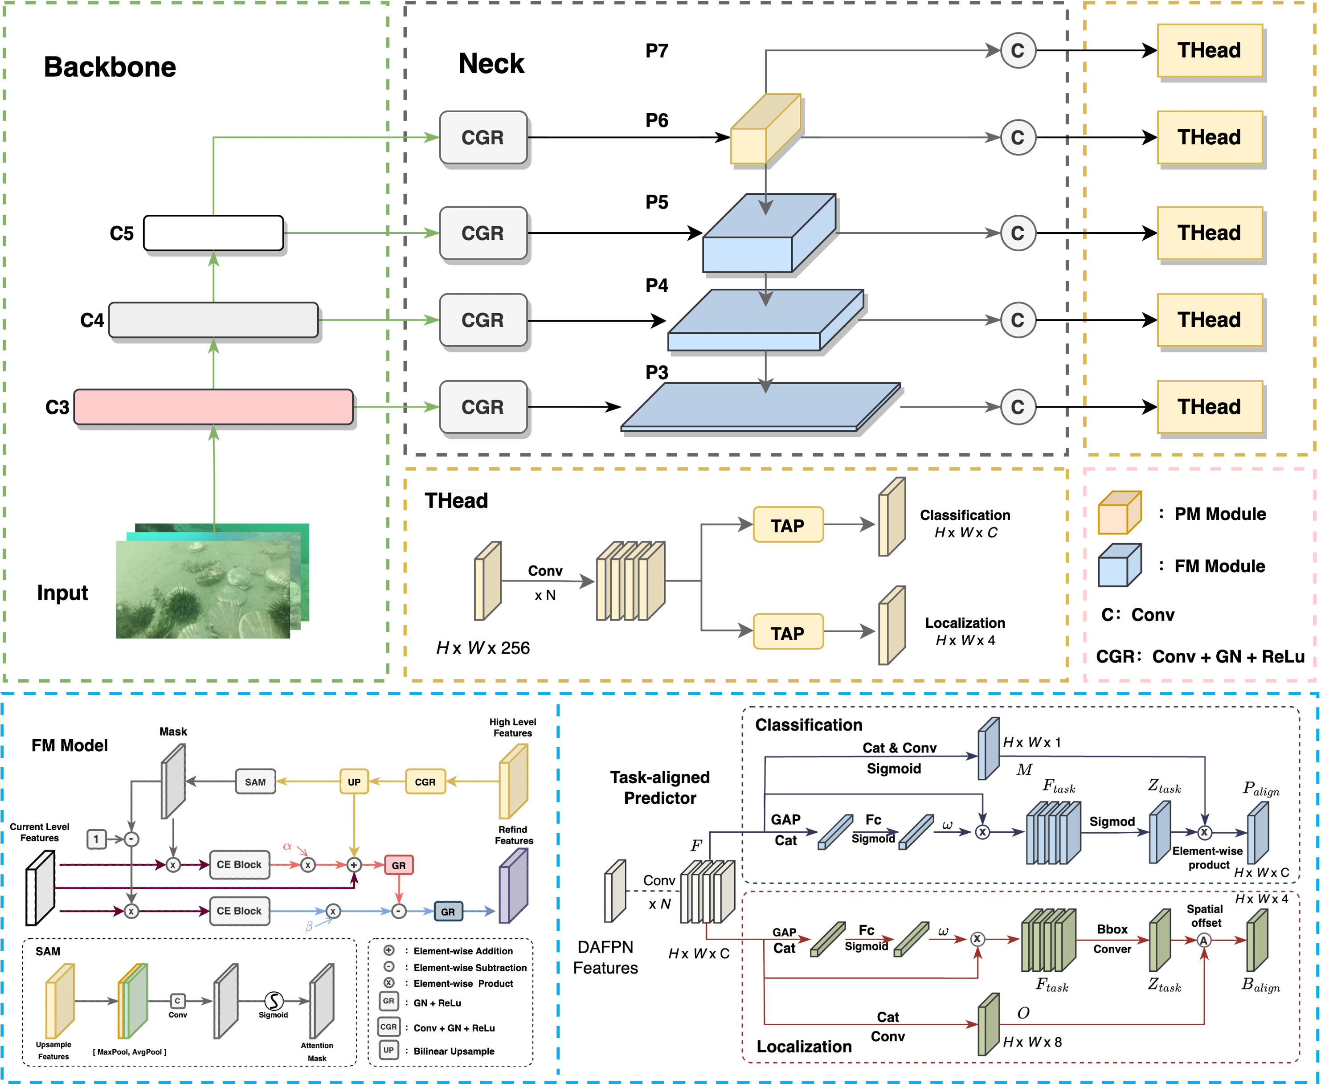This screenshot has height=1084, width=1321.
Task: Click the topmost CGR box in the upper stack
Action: (x=483, y=137)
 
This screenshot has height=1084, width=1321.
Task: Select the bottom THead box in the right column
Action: (x=1209, y=406)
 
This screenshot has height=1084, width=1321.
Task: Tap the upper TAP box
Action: (x=788, y=524)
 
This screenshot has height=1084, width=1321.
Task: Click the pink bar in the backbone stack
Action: (x=213, y=406)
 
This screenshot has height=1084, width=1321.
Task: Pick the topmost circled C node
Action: (x=1018, y=51)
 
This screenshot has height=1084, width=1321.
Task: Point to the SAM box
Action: (x=255, y=782)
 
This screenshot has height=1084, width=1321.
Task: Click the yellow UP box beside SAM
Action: (x=354, y=782)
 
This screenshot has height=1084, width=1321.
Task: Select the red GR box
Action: (x=399, y=865)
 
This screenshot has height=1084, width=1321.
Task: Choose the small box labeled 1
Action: (x=95, y=839)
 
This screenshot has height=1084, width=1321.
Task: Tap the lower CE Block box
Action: (x=239, y=911)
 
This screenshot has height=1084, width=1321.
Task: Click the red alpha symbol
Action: (x=287, y=847)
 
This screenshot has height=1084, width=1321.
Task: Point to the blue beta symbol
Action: (x=308, y=927)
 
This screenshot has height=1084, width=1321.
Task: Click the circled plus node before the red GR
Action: (x=354, y=865)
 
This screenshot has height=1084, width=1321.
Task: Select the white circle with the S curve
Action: (x=274, y=1001)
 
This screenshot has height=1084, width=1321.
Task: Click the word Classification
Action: (x=808, y=725)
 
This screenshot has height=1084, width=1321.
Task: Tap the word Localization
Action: (x=804, y=1047)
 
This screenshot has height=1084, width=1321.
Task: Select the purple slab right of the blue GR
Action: (x=513, y=885)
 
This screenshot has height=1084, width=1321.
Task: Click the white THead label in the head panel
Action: (x=456, y=501)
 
